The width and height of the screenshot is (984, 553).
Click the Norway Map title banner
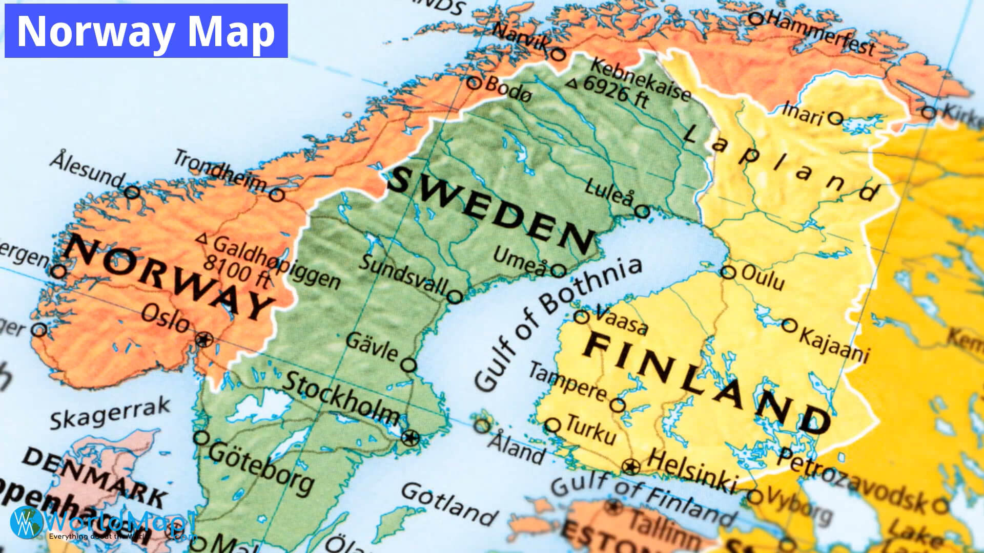pos(146,31)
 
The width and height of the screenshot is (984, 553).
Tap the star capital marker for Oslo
pos(204,339)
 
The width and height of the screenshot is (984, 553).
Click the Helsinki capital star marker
pos(631,466)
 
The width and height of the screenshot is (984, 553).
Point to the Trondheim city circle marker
pos(277,195)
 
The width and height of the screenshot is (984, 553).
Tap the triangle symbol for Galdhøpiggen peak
pos(202,239)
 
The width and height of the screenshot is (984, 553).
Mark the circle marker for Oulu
pos(728,272)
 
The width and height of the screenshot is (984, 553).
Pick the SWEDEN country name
pos(489,210)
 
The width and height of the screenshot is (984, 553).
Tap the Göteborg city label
pos(261,466)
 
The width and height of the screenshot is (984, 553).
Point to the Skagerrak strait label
pos(110,413)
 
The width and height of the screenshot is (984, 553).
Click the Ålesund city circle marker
pos(132,193)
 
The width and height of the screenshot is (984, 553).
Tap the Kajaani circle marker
pos(790,325)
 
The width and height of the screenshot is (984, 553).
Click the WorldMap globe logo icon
pos(26,522)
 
